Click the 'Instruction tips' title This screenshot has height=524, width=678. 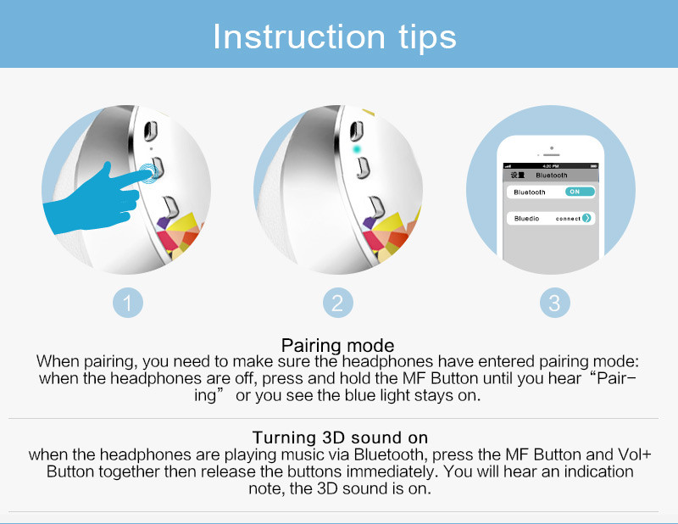[335, 37]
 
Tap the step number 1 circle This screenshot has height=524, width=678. [128, 303]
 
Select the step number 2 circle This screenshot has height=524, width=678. [337, 303]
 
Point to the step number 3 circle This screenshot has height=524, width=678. [555, 303]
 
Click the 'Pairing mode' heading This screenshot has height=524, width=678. [337, 345]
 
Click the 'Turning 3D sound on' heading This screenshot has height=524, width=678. [340, 438]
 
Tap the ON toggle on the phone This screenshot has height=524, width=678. [580, 192]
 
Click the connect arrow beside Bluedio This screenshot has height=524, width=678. [586, 218]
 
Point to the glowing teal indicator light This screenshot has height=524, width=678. [356, 149]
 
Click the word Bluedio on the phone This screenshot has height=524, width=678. [526, 219]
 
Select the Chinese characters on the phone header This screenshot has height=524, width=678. [518, 175]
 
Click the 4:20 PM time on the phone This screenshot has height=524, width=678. [550, 166]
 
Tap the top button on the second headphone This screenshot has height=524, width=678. [356, 131]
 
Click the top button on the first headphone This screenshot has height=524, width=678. [151, 131]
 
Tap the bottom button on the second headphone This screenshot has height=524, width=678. [377, 207]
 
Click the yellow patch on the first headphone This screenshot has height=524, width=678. [184, 221]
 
